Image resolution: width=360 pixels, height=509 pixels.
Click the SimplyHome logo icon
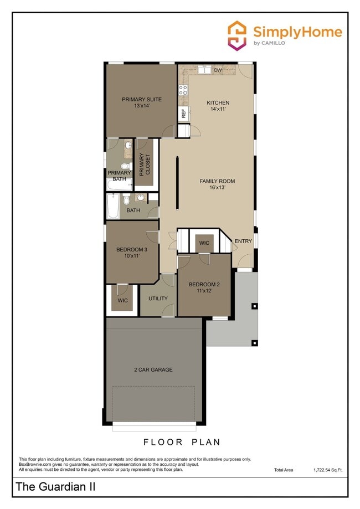pos(238,35)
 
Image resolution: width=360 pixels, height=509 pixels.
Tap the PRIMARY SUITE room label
pos(142,102)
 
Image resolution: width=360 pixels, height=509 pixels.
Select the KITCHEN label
pos(218,106)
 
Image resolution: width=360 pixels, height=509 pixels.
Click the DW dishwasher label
pos(218,70)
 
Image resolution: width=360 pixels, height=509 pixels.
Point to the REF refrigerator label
pos(183,114)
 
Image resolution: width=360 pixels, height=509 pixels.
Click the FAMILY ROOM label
pos(217,184)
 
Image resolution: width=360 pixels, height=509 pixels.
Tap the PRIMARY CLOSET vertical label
pos(145,164)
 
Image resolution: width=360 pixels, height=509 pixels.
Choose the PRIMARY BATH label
pos(119,176)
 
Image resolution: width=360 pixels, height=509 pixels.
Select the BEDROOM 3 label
pos(127,253)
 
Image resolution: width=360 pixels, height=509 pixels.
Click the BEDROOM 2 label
pos(204,287)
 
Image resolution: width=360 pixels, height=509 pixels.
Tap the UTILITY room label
pos(158,299)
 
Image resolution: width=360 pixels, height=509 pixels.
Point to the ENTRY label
pos(243,241)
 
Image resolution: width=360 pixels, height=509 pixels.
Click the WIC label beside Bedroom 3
pos(122,300)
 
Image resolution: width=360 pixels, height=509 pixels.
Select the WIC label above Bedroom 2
pos(204,243)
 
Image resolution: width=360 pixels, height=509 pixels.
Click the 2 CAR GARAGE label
pos(153,369)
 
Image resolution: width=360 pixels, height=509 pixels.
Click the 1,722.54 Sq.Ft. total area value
pos(327,470)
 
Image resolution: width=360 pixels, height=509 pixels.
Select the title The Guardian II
pos(55,487)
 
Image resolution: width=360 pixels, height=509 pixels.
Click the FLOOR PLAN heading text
pos(182,442)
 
